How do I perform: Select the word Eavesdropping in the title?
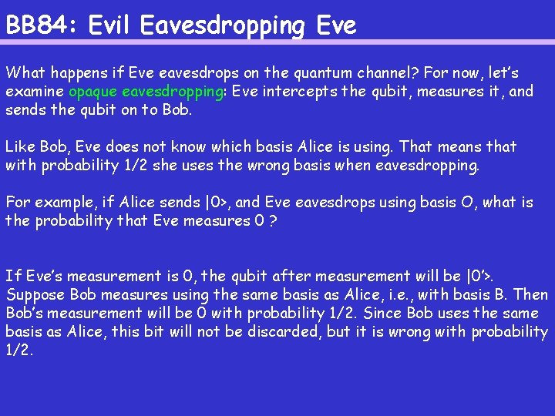coord(224,26)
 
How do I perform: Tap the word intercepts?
coord(304,92)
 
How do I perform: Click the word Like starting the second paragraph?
coord(19,146)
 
